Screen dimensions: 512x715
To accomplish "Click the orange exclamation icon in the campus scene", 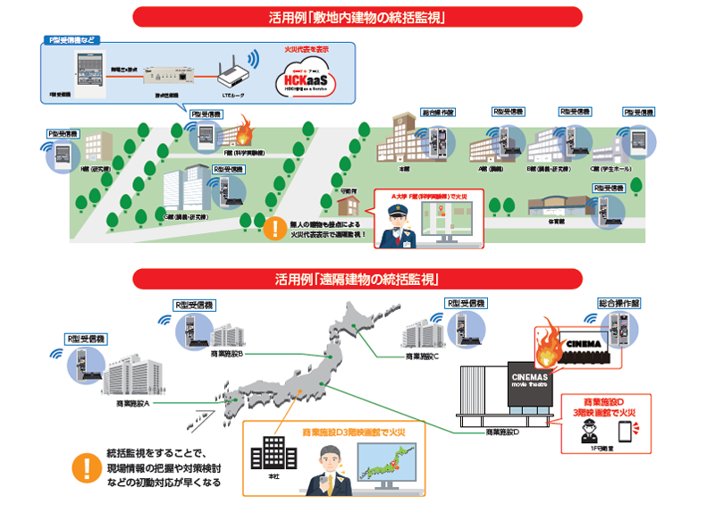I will coord(271,229).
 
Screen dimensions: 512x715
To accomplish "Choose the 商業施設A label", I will coord(133,404).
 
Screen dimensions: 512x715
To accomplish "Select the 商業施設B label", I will coord(227,354).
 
